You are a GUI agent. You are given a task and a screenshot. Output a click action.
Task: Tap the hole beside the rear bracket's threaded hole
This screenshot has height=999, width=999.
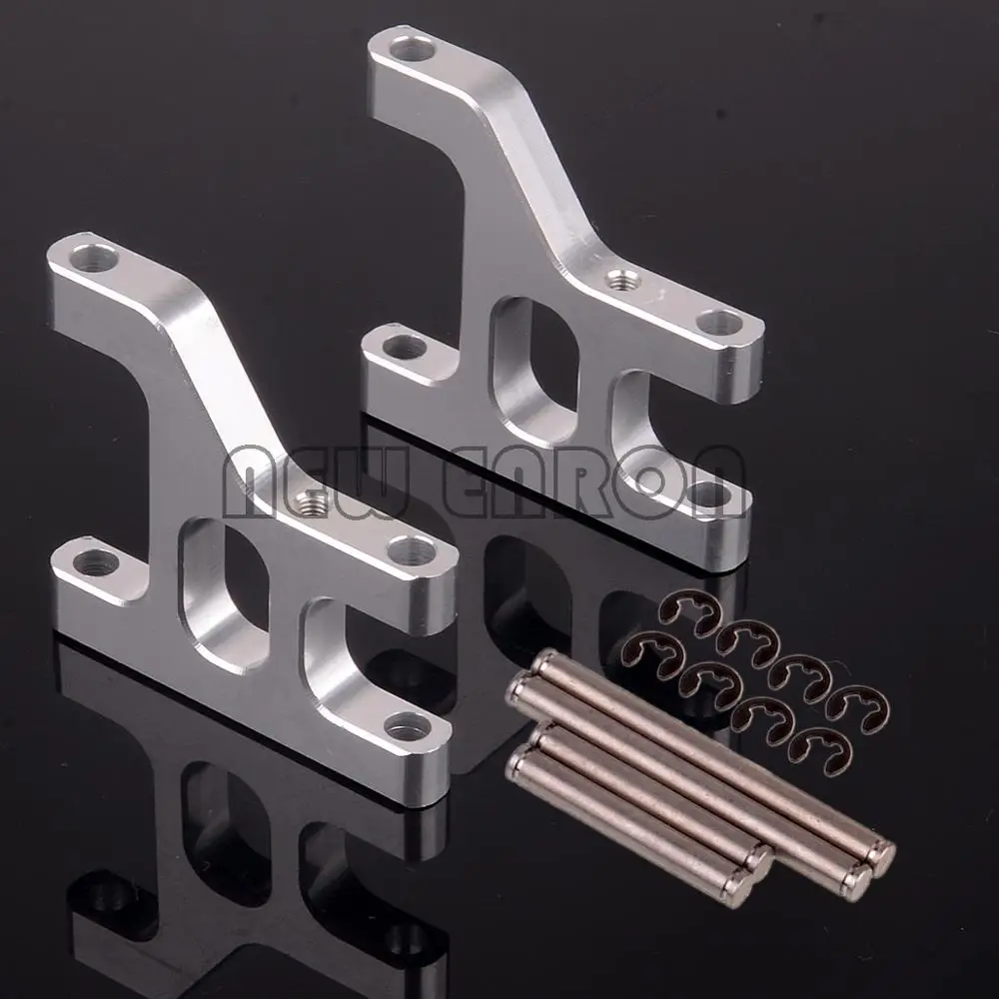coord(721,321)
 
